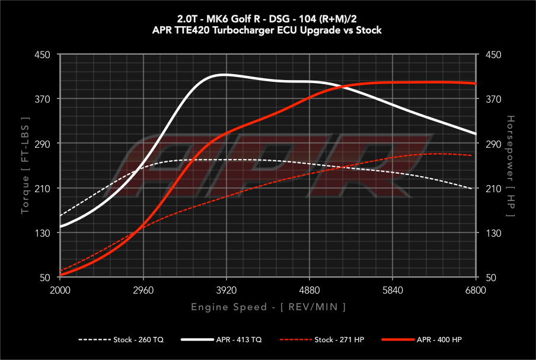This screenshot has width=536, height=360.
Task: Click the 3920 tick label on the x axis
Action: (226, 291)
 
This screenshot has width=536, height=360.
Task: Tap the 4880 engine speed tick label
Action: (310, 291)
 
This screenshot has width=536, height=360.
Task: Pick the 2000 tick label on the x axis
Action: (60, 291)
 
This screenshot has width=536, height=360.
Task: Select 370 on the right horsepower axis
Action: (494, 99)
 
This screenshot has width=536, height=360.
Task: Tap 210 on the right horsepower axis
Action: (494, 189)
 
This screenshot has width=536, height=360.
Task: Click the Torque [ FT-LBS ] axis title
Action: (25, 167)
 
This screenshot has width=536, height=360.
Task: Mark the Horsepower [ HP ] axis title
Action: (511, 167)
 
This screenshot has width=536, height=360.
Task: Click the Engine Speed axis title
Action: (268, 307)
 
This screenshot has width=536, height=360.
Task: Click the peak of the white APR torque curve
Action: (223, 75)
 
